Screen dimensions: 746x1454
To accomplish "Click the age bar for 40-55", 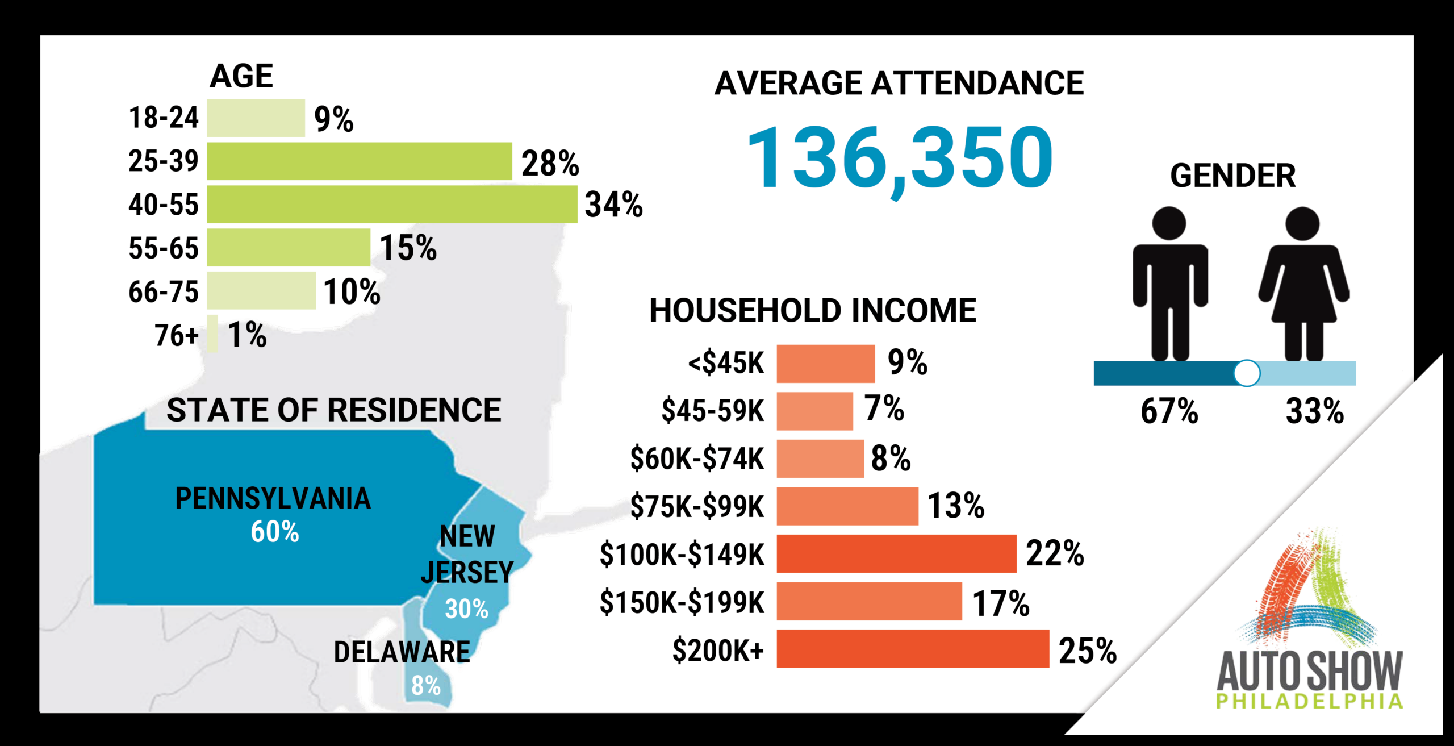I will (x=392, y=204).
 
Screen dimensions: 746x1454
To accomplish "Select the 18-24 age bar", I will (x=256, y=118).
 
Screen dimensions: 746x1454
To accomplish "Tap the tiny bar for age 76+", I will (x=212, y=334).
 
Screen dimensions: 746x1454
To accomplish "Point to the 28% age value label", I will (x=550, y=164).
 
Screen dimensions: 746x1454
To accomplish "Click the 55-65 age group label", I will (x=164, y=248).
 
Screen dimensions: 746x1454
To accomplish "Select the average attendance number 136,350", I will (x=900, y=158).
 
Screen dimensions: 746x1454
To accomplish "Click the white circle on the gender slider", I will (x=1247, y=373).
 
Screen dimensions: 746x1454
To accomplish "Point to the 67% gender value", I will (x=1169, y=411).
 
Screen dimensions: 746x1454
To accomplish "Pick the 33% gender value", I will (x=1315, y=411).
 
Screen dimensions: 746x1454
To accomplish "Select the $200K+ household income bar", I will (x=912, y=648).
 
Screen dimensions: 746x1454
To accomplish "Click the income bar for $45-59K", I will (x=814, y=411).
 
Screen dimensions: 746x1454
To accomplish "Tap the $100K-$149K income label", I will (x=682, y=555).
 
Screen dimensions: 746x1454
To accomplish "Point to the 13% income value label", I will (x=956, y=506).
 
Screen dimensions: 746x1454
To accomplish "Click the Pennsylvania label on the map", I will (x=273, y=499).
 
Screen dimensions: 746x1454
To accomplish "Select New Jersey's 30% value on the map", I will (x=466, y=609).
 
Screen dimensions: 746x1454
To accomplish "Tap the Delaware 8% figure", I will (x=426, y=686).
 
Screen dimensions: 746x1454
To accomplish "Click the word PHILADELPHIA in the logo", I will (x=1309, y=701).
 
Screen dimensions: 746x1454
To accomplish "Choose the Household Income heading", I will (x=813, y=311).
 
